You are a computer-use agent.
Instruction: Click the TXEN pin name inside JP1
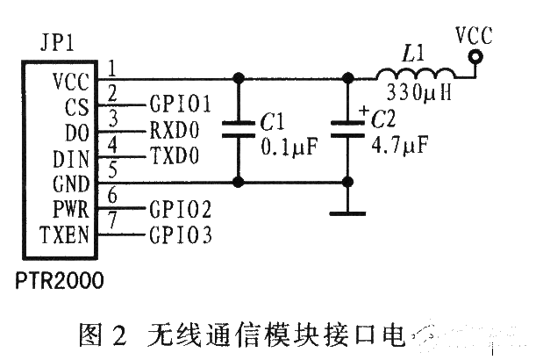(x=64, y=235)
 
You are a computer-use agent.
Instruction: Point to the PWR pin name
(x=69, y=211)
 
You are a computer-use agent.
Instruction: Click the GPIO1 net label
(x=181, y=104)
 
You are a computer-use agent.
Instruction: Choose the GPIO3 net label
(x=181, y=235)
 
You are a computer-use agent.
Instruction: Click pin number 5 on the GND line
(x=112, y=170)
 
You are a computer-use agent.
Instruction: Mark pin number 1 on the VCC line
(x=112, y=65)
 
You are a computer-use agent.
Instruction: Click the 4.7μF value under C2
(x=398, y=143)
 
